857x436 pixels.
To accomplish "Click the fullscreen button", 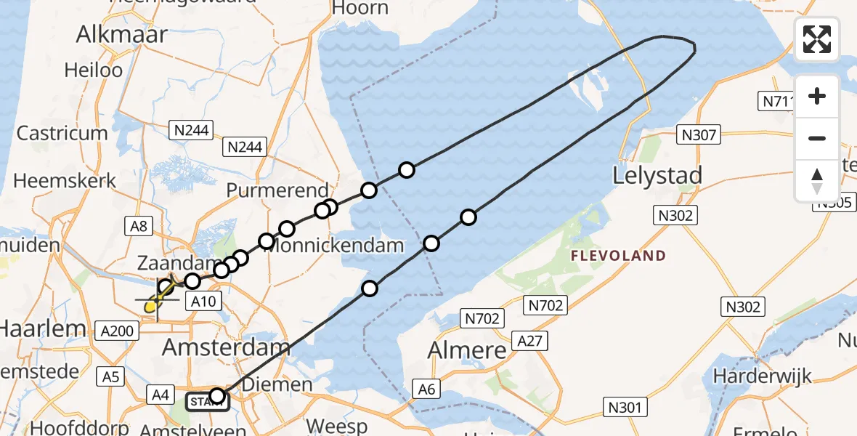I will click(x=817, y=39).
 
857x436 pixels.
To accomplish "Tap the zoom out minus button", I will click(x=817, y=138).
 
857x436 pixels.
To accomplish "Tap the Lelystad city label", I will click(x=657, y=176).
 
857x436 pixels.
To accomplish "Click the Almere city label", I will click(x=466, y=350).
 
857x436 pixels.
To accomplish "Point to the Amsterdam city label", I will click(x=226, y=347).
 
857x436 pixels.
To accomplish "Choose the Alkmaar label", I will click(x=121, y=34).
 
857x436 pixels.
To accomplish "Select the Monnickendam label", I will click(x=333, y=245).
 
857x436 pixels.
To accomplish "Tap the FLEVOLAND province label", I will click(x=617, y=256).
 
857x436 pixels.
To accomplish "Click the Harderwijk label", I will click(x=762, y=376).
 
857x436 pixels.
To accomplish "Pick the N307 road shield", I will click(x=699, y=134).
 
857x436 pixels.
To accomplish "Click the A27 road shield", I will click(x=530, y=340).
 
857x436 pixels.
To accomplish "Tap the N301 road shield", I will click(x=625, y=407).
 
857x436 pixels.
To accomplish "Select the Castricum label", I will click(x=62, y=134).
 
